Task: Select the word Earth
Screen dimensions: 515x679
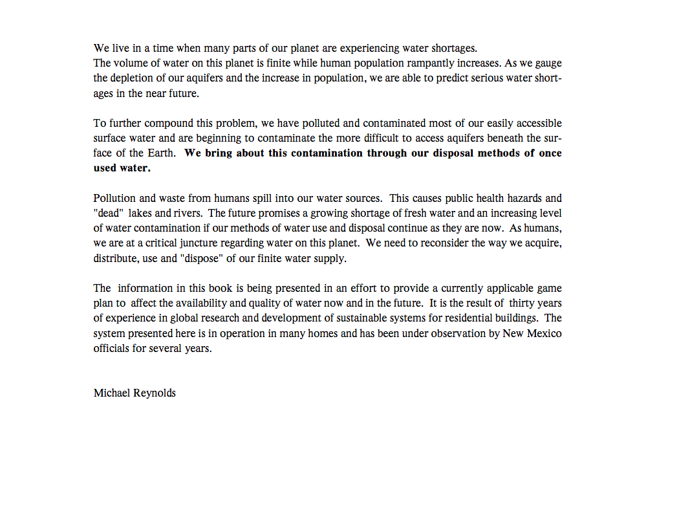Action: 161,153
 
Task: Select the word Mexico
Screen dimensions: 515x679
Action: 545,333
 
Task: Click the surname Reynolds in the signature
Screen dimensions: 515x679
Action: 155,393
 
